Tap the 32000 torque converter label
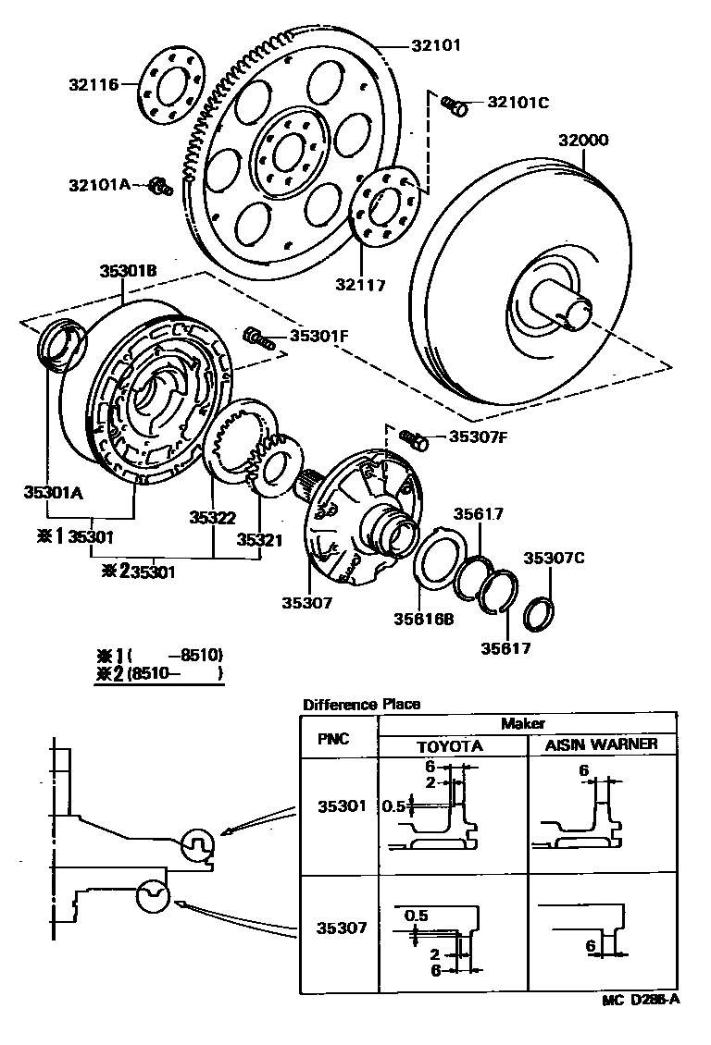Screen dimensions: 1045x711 pos(583,141)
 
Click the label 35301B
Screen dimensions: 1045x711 pos(128,271)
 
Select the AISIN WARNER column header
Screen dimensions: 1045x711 pos(602,744)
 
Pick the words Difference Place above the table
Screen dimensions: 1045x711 pos(361,705)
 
